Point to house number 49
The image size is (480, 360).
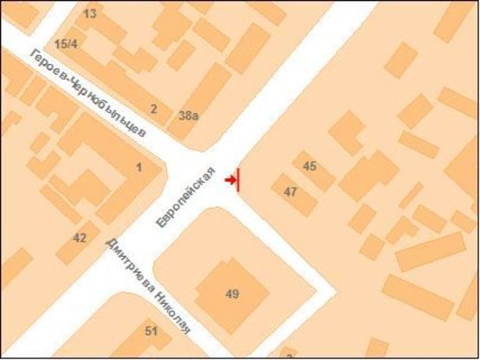pyautogui.click(x=232, y=293)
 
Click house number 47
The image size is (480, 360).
pyautogui.click(x=291, y=191)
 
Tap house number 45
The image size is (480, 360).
pyautogui.click(x=310, y=165)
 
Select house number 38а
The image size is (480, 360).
pyautogui.click(x=188, y=114)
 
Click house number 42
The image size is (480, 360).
pyautogui.click(x=80, y=237)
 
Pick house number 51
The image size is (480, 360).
pyautogui.click(x=151, y=331)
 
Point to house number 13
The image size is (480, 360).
pyautogui.click(x=90, y=15)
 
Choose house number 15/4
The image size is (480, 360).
pyautogui.click(x=66, y=44)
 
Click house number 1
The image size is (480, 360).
pyautogui.click(x=138, y=167)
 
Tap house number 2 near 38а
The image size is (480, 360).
pyautogui.click(x=153, y=108)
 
